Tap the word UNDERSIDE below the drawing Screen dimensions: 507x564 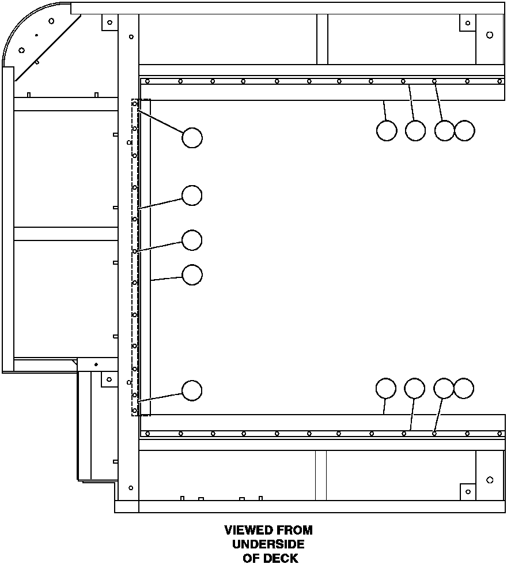click(x=268, y=544)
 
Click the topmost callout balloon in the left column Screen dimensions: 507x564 click(x=192, y=137)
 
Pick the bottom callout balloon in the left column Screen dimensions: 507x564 click(x=192, y=390)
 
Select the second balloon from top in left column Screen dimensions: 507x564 click(x=192, y=195)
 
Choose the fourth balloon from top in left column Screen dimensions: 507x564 click(x=192, y=275)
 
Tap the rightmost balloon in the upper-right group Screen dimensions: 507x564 click(x=464, y=130)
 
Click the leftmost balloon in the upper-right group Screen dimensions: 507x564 click(x=387, y=130)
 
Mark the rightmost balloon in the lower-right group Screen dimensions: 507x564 click(x=464, y=388)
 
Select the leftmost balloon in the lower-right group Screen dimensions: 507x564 click(x=386, y=388)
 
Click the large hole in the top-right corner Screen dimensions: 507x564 click(x=490, y=35)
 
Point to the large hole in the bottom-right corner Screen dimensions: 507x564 click(x=490, y=480)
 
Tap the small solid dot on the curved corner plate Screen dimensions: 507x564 click(x=36, y=35)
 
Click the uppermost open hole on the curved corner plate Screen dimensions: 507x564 click(x=51, y=21)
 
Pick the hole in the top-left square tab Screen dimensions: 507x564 click(x=110, y=22)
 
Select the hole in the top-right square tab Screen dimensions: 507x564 click(x=468, y=23)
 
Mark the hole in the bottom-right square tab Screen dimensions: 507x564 click(x=468, y=492)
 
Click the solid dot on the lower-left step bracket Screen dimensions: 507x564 click(x=96, y=364)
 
